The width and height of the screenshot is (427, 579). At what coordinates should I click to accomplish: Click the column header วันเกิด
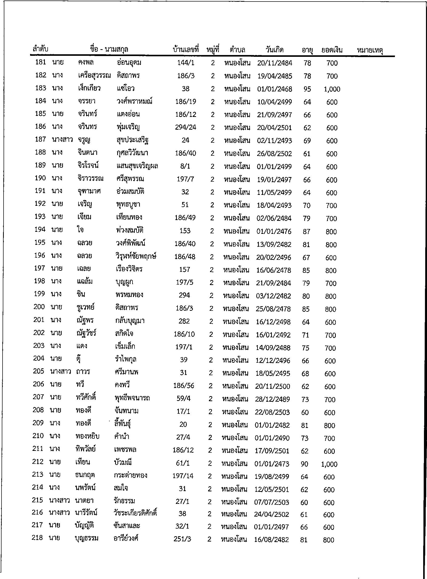coord(274,50)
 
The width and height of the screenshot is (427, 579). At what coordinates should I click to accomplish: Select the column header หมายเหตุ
coord(370,50)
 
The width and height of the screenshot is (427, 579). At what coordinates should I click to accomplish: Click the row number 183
coord(41,88)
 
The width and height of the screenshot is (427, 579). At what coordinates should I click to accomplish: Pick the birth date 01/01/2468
coord(274,89)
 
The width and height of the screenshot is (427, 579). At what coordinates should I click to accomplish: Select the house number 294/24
coord(185,128)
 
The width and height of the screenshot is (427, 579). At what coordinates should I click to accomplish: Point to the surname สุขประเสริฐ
coord(132,141)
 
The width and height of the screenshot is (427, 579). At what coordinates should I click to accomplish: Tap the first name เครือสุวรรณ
coord(94,76)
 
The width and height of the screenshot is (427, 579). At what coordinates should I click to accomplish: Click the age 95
coord(307,89)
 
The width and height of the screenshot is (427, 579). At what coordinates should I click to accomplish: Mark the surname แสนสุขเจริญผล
coord(137,166)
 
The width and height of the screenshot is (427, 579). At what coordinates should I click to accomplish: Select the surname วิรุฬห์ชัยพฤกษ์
coord(136,257)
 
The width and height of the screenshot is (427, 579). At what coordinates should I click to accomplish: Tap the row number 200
coord(39,307)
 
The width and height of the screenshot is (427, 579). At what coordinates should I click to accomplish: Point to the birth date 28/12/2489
coord(272,399)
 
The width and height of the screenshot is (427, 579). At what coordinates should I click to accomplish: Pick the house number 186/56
coord(183,386)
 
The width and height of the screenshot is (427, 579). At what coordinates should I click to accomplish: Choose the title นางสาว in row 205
coord(60,372)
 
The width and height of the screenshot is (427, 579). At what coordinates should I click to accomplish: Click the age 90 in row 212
coord(304,464)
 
